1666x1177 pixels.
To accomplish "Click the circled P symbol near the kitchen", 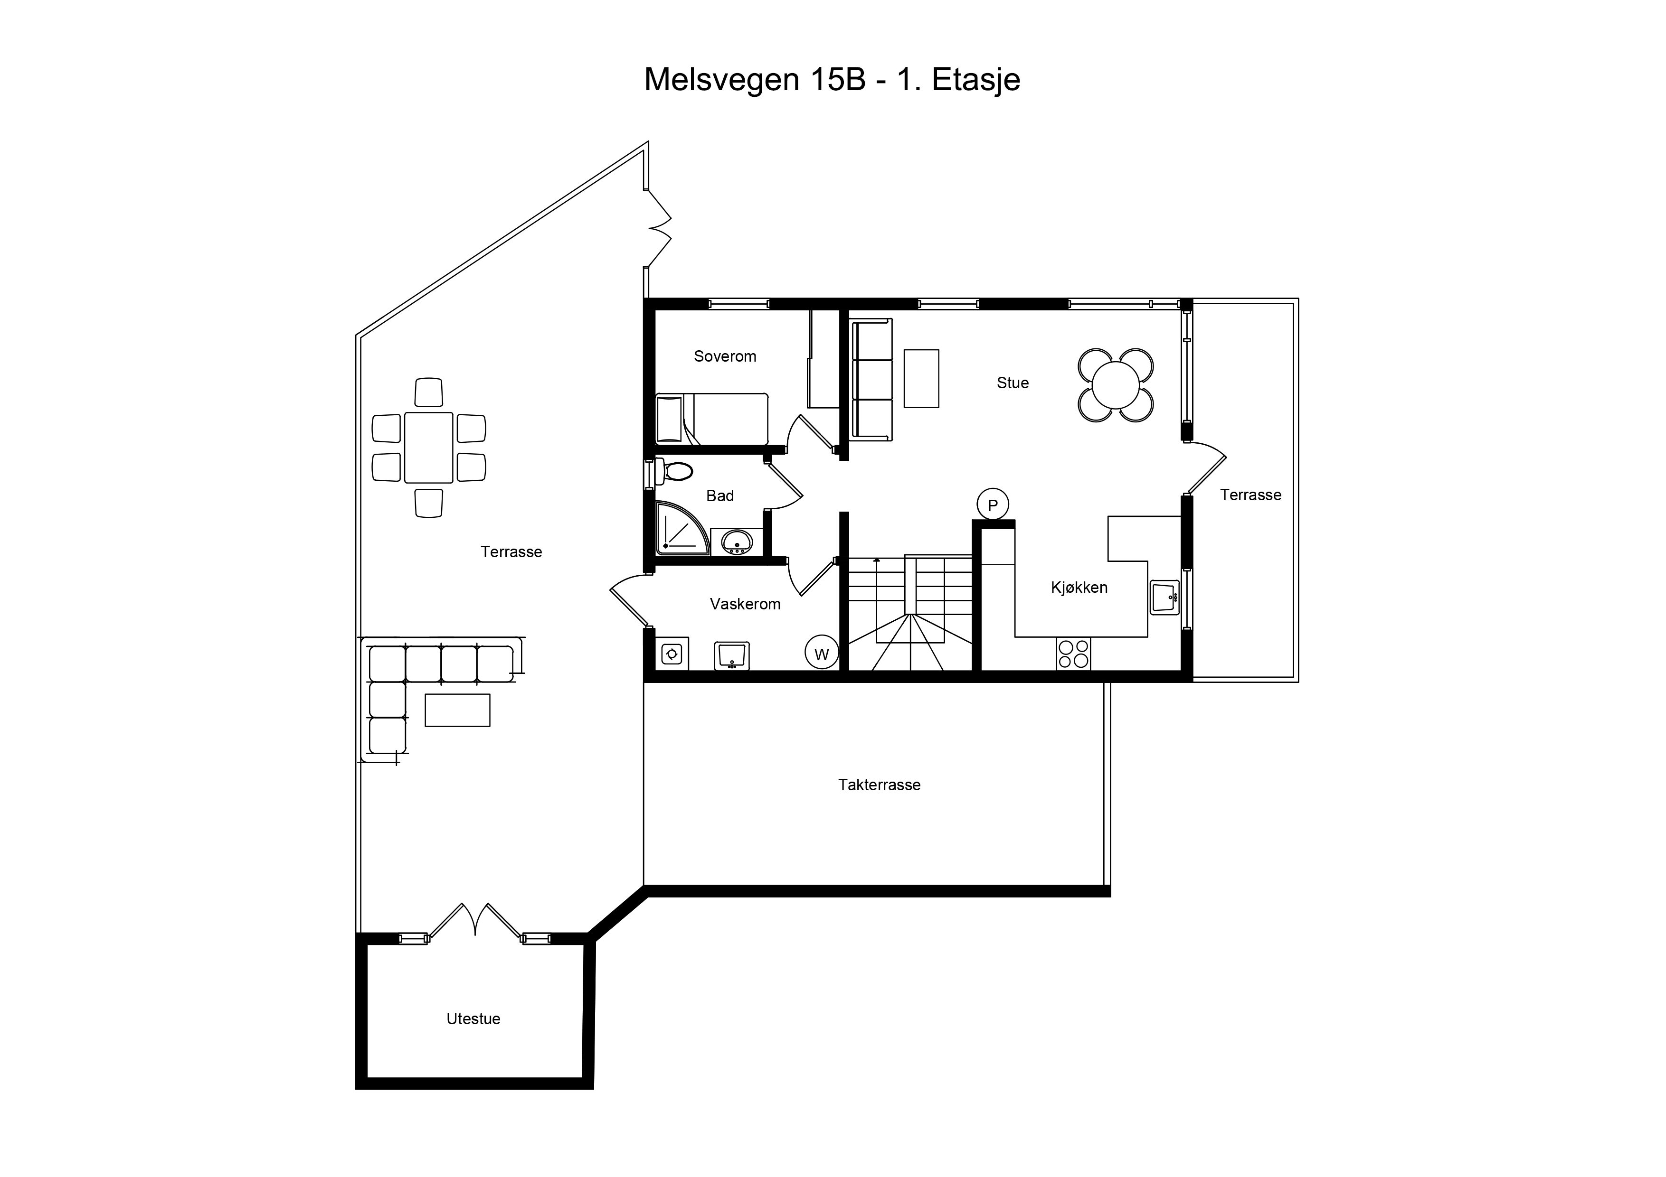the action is pyautogui.click(x=993, y=505).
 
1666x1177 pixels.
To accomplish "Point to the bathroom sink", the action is pyautogui.click(x=737, y=542).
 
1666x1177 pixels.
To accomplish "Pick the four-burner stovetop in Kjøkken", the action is pyautogui.click(x=1073, y=654).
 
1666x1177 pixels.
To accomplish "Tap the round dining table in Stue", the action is pyautogui.click(x=1116, y=385).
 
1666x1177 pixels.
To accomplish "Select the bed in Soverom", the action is pyautogui.click(x=711, y=419).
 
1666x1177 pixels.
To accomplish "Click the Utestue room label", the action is pyautogui.click(x=473, y=1019).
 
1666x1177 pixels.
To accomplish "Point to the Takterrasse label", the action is pyautogui.click(x=880, y=785).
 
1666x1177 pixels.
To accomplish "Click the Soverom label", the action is pyautogui.click(x=725, y=356).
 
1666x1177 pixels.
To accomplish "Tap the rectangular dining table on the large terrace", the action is pyautogui.click(x=429, y=448).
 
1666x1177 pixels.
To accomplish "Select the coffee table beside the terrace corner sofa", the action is pyautogui.click(x=457, y=710).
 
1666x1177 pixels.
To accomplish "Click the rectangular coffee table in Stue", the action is pyautogui.click(x=921, y=379).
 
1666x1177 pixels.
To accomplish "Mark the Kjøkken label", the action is pyautogui.click(x=1079, y=588).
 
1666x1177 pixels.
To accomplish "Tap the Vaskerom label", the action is pyautogui.click(x=745, y=604).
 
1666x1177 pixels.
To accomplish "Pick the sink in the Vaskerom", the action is pyautogui.click(x=731, y=655).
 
